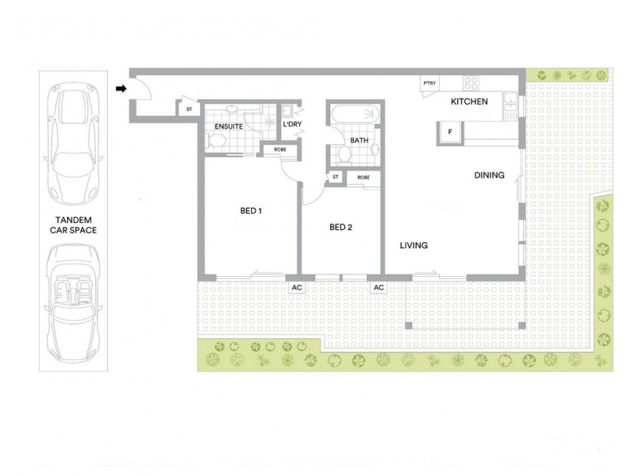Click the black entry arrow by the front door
tap(121, 89)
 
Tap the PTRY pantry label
tap(429, 83)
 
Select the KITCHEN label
tap(469, 102)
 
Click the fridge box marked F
tap(449, 132)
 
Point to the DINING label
tap(489, 175)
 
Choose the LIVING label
tap(414, 245)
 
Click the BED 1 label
tap(251, 211)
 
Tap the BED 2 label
tap(341, 228)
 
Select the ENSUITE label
tap(229, 127)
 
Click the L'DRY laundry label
tap(292, 125)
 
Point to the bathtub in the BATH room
tap(356, 113)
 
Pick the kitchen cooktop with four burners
tap(471, 83)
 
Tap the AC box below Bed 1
tap(297, 287)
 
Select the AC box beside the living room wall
tap(379, 287)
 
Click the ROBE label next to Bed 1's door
tap(280, 150)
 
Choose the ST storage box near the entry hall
tap(189, 109)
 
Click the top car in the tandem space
tap(73, 144)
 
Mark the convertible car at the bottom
tap(73, 304)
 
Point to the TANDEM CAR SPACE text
tap(73, 225)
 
